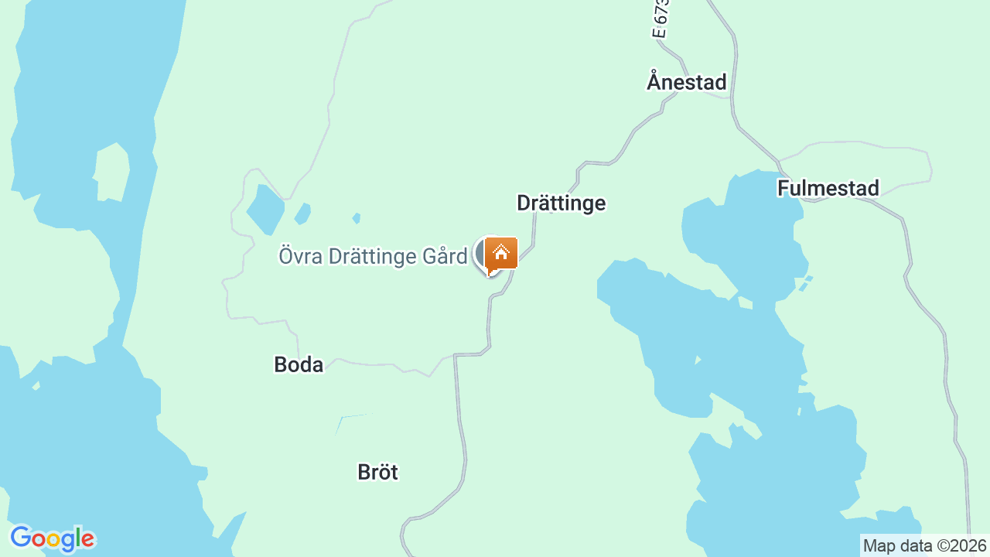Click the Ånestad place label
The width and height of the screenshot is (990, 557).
coord(687,82)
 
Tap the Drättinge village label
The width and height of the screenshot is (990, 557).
coord(561,203)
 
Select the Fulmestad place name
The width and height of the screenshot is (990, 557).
coord(828,188)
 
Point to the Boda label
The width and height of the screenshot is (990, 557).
coord(299,364)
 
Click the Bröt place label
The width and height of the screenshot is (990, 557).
coord(377,472)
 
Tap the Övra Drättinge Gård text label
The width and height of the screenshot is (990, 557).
coord(373,256)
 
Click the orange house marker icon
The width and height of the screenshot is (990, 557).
coord(501,253)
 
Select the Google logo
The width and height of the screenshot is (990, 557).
coord(52,538)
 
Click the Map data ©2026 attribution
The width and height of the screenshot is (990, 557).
coord(925,545)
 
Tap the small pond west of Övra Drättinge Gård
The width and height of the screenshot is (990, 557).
coord(265,209)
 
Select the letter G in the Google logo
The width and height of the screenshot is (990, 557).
coord(20,538)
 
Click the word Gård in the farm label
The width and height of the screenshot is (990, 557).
coord(445,256)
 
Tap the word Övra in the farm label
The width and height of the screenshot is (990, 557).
coord(300,256)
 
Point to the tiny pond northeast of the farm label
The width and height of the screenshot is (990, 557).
coord(356,218)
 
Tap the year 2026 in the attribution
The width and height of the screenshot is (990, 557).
coord(970,545)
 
